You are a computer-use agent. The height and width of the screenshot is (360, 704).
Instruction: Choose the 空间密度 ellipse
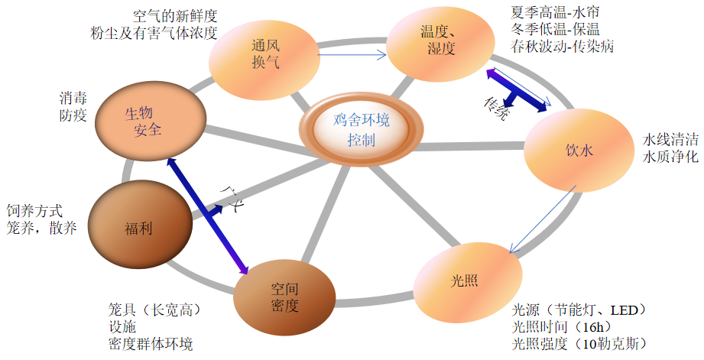(x=284, y=297)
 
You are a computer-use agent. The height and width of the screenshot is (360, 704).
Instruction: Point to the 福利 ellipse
(x=139, y=228)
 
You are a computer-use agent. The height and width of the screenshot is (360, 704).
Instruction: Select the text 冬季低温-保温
(x=556, y=30)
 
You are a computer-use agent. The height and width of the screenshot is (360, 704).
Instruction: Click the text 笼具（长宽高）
(x=155, y=310)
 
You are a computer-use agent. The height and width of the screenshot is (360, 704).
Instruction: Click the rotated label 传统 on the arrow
(x=495, y=109)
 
